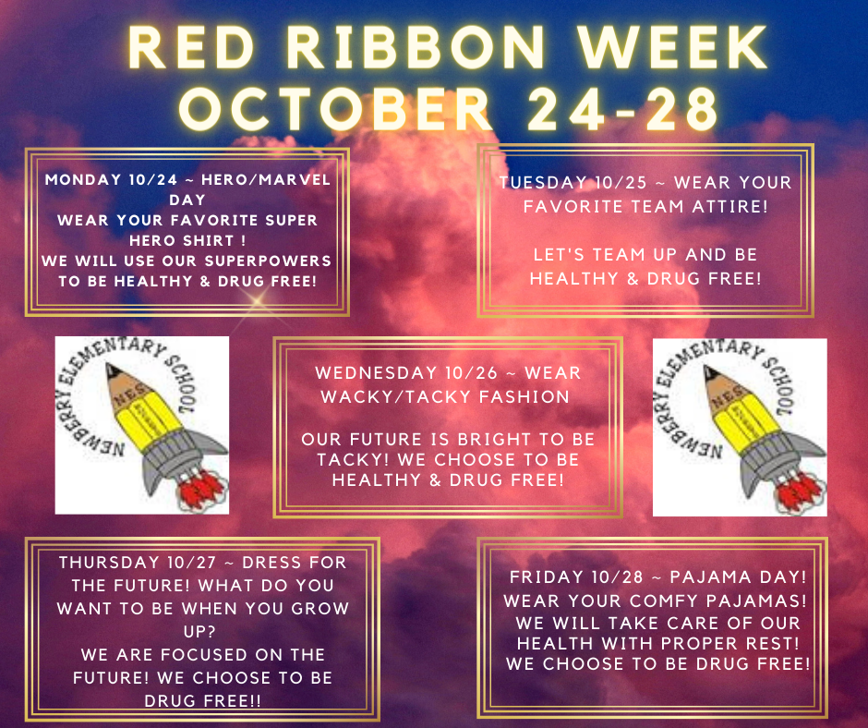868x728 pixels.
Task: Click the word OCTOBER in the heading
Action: pyautogui.click(x=336, y=109)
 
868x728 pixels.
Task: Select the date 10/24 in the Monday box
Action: pyautogui.click(x=152, y=179)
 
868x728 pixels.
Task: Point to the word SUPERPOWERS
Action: pyautogui.click(x=268, y=261)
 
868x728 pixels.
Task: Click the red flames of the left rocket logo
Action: pyautogui.click(x=202, y=490)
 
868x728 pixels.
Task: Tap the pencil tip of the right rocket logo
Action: pyautogui.click(x=710, y=371)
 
